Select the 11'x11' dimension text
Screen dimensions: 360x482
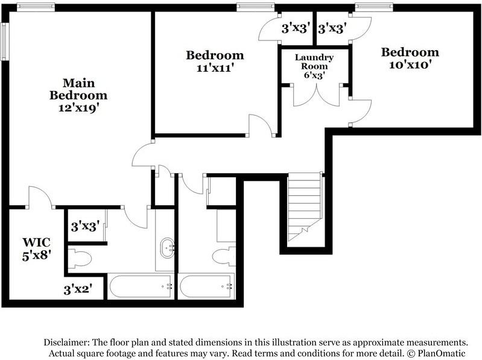coord(215,68)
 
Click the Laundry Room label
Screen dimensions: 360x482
coord(314,62)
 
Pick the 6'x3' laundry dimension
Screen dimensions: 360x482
coord(314,77)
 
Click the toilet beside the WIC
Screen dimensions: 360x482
coord(79,259)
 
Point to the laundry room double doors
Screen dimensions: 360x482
coord(313,95)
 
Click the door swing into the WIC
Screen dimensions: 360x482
coord(40,197)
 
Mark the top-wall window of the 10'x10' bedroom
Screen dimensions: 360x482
coord(374,7)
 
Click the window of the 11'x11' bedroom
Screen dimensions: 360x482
coord(256,7)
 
